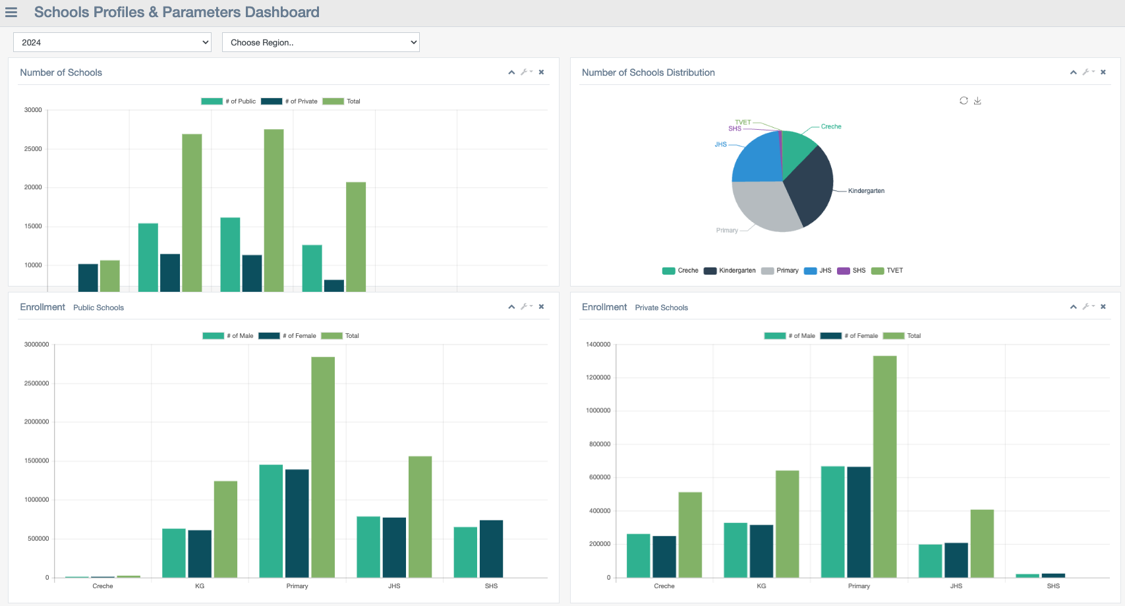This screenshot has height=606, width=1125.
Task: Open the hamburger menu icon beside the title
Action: [x=11, y=13]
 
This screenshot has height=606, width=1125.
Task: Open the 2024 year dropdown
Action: [x=112, y=42]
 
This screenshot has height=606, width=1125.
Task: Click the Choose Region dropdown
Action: [x=320, y=42]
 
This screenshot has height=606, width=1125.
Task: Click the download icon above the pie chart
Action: [x=977, y=101]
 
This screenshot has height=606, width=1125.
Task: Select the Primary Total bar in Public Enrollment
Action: [x=323, y=467]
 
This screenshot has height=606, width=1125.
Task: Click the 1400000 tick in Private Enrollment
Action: [x=598, y=344]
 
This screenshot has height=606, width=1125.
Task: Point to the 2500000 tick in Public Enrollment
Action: [x=36, y=383]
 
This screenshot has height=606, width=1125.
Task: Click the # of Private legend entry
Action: [x=290, y=101]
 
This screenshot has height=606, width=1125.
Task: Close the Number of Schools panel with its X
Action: [x=541, y=72]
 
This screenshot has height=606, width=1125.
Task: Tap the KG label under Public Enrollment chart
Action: [x=200, y=586]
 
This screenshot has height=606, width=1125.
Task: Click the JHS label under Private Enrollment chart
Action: [x=956, y=586]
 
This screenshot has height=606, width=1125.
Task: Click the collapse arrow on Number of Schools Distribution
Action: [x=1073, y=72]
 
